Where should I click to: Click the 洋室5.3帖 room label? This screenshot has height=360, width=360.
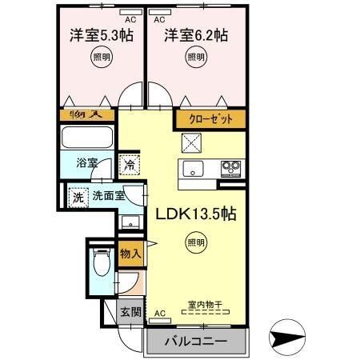(100, 36)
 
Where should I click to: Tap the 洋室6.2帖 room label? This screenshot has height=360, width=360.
(197, 36)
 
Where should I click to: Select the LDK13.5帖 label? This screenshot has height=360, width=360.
(194, 215)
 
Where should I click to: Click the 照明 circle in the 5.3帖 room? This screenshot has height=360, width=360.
(100, 57)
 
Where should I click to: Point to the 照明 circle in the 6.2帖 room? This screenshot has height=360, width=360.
(195, 57)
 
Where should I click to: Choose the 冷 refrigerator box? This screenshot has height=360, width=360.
(130, 166)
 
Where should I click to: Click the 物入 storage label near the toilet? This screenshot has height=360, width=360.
(131, 254)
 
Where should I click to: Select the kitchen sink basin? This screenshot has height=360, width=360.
(194, 169)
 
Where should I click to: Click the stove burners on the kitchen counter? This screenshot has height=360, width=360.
(231, 169)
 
